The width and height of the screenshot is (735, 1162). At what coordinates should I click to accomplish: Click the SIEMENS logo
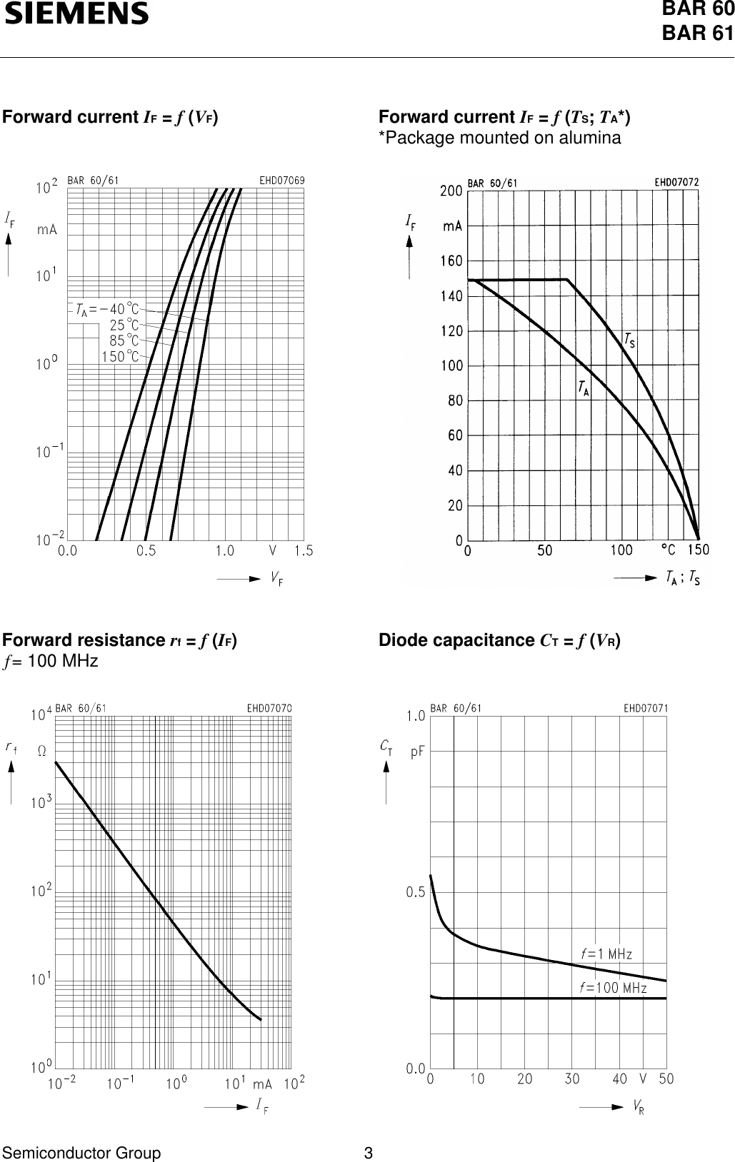point(77,14)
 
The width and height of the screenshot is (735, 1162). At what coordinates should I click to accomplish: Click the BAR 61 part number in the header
point(698,33)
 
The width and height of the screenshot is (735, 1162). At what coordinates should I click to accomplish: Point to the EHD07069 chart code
point(281,181)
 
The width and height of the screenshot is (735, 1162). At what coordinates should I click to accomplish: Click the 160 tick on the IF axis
point(451,261)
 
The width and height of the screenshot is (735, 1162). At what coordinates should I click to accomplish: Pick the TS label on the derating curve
point(629,342)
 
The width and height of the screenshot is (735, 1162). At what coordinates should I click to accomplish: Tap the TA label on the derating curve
point(584,388)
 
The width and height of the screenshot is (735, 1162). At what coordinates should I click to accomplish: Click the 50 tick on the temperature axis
point(544,550)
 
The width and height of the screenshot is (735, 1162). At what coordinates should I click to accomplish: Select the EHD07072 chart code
point(677,182)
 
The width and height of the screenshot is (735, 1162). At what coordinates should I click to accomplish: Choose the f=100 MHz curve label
point(613,988)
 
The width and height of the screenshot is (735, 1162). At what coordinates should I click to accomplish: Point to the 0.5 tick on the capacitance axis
point(415,892)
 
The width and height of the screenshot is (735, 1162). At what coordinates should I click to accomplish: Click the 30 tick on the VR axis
point(571,1079)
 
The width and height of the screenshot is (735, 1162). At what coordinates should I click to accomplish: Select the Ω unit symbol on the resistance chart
point(41,751)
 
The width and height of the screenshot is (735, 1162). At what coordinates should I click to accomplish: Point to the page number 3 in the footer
point(368,1153)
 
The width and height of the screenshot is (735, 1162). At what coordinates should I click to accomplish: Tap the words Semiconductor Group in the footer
point(81,1153)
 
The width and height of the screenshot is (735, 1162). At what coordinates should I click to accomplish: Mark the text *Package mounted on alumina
point(499,138)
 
